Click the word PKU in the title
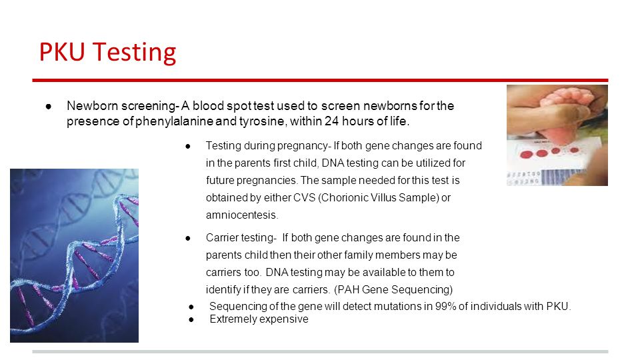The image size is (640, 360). [62, 52]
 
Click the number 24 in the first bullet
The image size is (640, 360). [331, 121]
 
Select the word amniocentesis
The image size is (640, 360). [241, 215]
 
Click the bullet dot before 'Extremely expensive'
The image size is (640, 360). [191, 319]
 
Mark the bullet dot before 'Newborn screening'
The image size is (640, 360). [49, 107]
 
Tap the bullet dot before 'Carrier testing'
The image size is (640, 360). [188, 238]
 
